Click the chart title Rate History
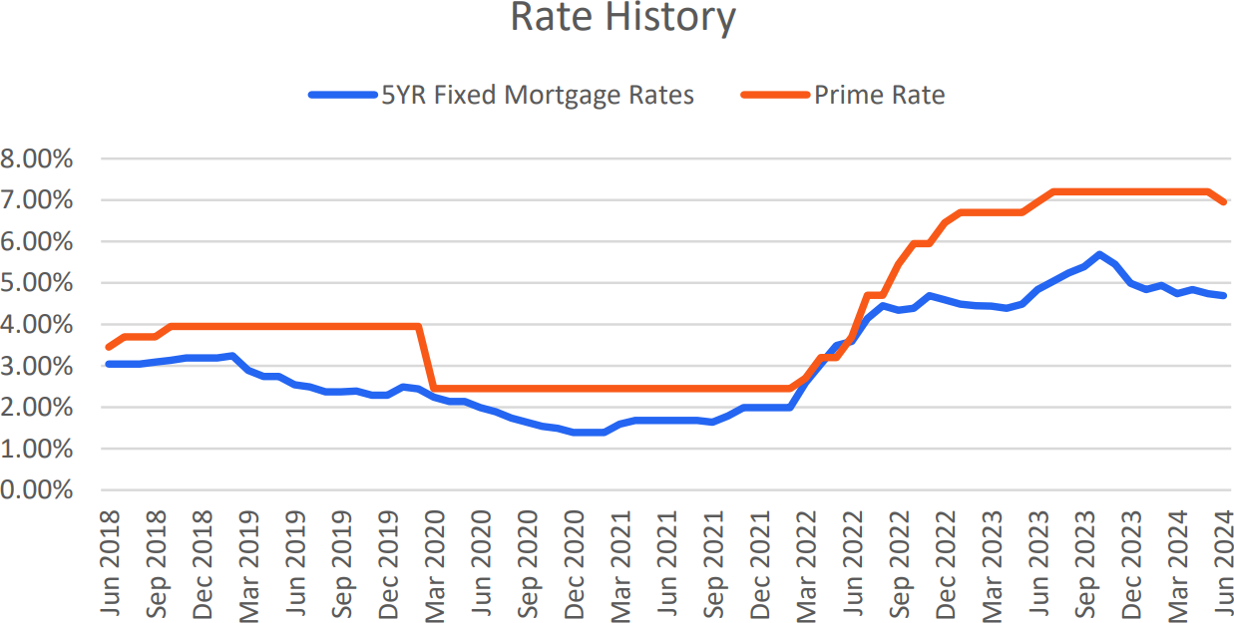tap(622, 18)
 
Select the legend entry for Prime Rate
tap(879, 96)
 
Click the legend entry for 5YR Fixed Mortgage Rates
tap(538, 96)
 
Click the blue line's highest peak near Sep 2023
tap(1099, 254)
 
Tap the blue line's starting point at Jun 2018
tap(108, 364)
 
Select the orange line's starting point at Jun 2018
tap(108, 347)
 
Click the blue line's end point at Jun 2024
tap(1223, 295)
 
